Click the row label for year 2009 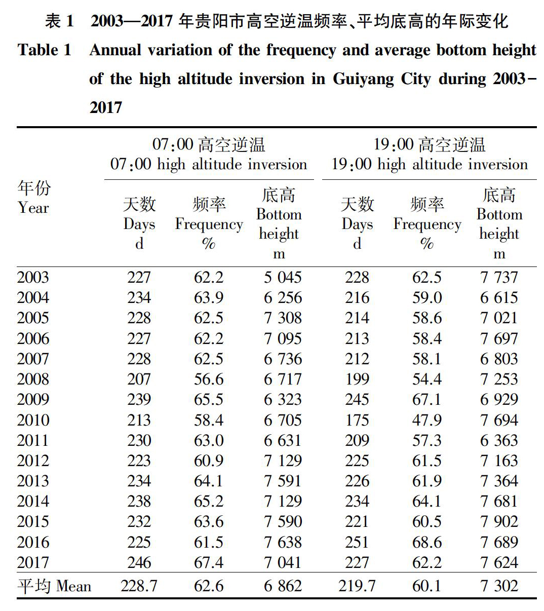(33, 400)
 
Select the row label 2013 (33, 481)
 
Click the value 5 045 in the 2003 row (283, 277)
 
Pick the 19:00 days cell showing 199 (357, 379)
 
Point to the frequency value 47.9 (427, 420)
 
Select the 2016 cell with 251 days (357, 542)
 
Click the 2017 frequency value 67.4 (209, 563)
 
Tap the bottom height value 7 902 (499, 522)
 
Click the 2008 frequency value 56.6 (209, 379)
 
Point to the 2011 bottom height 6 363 (499, 440)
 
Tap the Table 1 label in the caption (45, 50)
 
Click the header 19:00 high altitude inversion (430, 164)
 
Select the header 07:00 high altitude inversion (209, 164)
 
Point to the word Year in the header (33, 208)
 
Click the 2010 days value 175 (357, 420)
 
